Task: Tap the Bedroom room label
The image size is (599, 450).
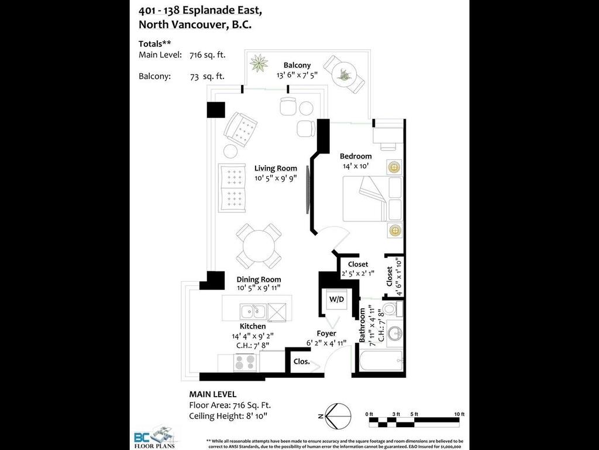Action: [x=356, y=156]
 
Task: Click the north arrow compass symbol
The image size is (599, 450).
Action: [x=331, y=417]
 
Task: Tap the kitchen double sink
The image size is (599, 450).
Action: [x=252, y=311]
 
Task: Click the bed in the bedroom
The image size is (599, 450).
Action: [x=373, y=199]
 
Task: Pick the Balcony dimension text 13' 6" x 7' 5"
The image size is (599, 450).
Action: [x=297, y=75]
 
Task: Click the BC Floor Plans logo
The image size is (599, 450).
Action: [x=154, y=437]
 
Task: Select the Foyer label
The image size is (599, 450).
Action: [x=326, y=333]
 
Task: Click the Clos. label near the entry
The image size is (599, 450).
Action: [x=301, y=362]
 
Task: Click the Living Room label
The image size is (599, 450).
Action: [x=276, y=168]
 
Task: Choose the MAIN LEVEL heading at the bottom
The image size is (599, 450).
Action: [x=212, y=394]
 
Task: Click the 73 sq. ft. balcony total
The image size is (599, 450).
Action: [x=207, y=76]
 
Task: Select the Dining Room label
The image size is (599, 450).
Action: [x=259, y=279]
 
